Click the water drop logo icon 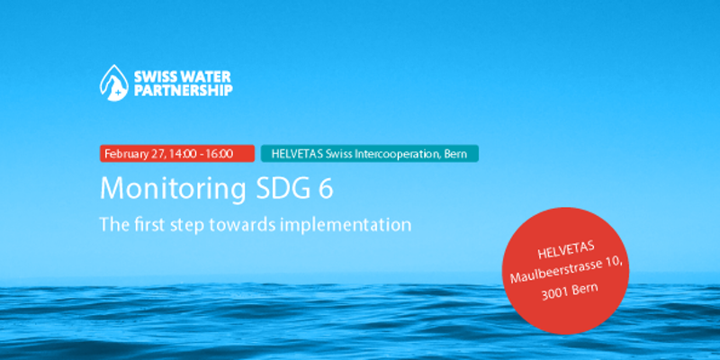114,83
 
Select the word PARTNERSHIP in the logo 184,90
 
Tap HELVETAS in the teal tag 298,154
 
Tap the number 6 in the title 325,188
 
